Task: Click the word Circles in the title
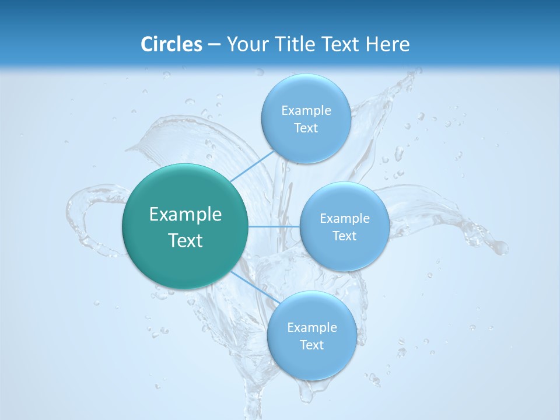pos(171,44)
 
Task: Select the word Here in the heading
pos(387,44)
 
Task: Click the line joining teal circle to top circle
pos(253,165)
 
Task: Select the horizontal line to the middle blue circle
pos(274,226)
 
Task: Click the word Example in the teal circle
pos(185,215)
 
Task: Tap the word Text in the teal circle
pos(185,240)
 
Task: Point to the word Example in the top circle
pos(306,111)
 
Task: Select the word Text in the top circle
pos(306,128)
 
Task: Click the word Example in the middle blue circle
pos(344,219)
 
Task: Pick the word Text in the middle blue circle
pos(344,236)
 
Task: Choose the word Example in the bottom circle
pos(311,328)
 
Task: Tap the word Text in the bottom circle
pos(311,345)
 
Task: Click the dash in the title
pos(213,44)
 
